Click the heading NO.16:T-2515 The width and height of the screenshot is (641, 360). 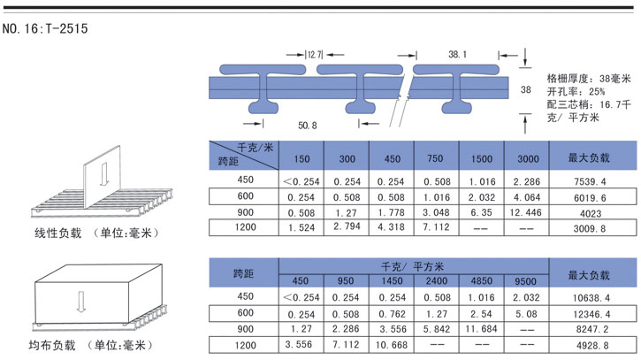pyautogui.click(x=45, y=28)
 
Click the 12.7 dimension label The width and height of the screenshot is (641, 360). pyautogui.click(x=315, y=55)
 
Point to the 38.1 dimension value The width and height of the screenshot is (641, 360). pyautogui.click(x=457, y=55)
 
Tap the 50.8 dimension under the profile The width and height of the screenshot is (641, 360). pyautogui.click(x=308, y=126)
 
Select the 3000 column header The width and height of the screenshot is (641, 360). pyautogui.click(x=528, y=158)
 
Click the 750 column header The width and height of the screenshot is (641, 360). pyautogui.click(x=435, y=158)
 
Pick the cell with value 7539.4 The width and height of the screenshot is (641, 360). pyautogui.click(x=590, y=181)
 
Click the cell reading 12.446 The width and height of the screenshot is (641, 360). pyautogui.click(x=525, y=212)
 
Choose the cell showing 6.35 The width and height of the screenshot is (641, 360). pyautogui.click(x=481, y=212)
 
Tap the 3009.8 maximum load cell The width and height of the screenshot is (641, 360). pyautogui.click(x=590, y=228)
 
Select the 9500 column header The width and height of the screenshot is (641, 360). pyautogui.click(x=525, y=281)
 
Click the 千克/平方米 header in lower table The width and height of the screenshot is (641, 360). pyautogui.click(x=412, y=267)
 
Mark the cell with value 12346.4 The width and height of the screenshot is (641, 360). pyautogui.click(x=591, y=314)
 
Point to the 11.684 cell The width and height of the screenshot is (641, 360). pyautogui.click(x=481, y=329)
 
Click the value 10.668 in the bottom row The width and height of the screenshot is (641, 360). pyautogui.click(x=392, y=345)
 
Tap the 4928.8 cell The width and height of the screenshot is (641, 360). pyautogui.click(x=592, y=346)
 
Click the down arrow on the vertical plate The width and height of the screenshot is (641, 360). pyautogui.click(x=103, y=173)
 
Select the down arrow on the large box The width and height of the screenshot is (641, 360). pyautogui.click(x=81, y=302)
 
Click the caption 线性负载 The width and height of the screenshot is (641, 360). pyautogui.click(x=58, y=234)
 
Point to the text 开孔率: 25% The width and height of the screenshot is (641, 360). pyautogui.click(x=576, y=91)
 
